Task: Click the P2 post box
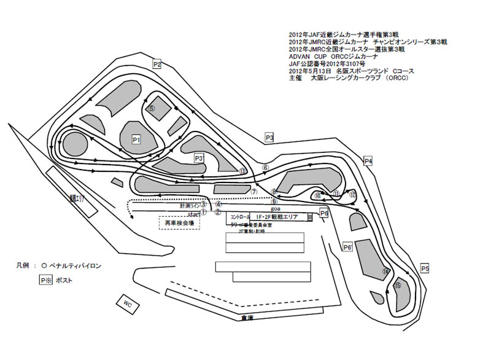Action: [x=157, y=65]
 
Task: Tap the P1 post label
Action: [x=137, y=140]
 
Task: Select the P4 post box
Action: [x=368, y=161]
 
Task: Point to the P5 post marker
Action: [x=425, y=268]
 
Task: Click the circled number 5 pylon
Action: [x=151, y=108]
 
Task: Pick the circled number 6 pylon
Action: [x=265, y=167]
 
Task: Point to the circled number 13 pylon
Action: [x=243, y=171]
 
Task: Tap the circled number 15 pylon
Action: [x=398, y=285]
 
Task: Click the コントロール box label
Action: [x=241, y=217]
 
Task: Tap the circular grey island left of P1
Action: [x=74, y=144]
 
